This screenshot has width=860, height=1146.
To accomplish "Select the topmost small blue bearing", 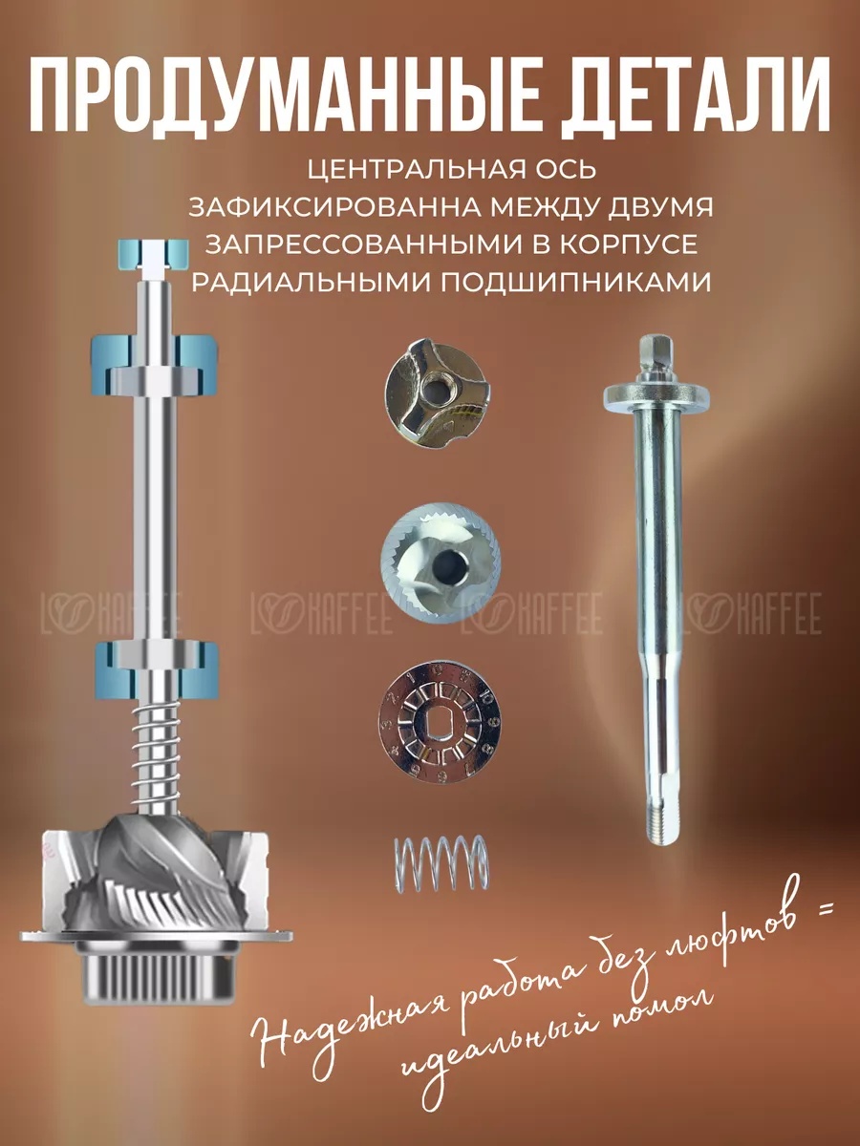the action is pos(152,254).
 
